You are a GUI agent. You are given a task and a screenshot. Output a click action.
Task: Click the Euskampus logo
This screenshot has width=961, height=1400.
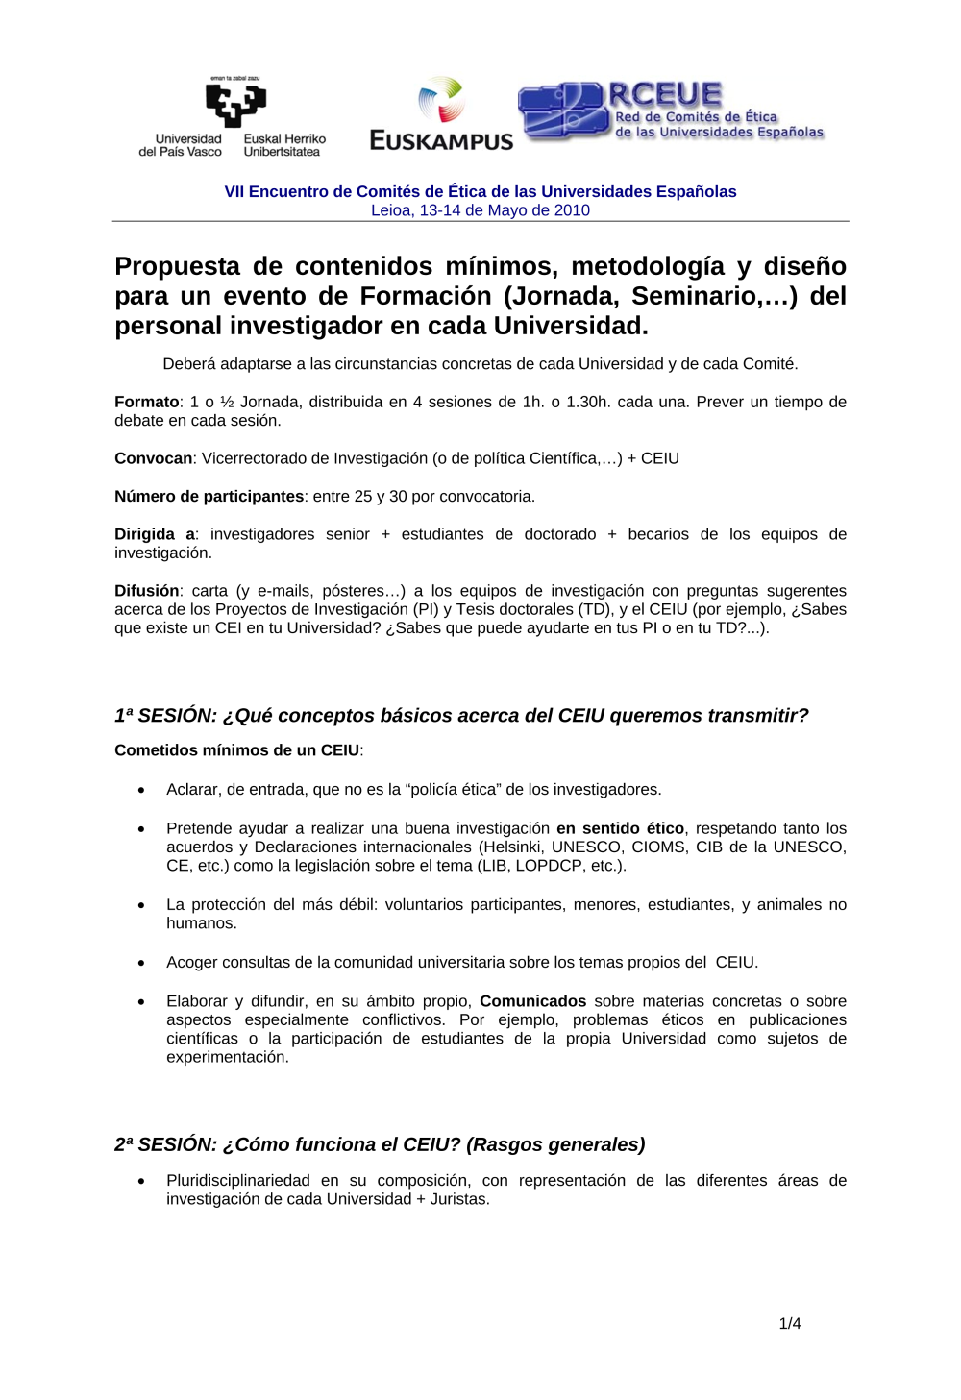(x=442, y=115)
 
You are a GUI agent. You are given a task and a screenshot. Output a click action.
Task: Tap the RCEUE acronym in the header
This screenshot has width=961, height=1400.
(x=665, y=94)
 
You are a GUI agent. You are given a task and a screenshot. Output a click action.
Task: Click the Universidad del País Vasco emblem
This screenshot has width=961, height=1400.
(x=235, y=104)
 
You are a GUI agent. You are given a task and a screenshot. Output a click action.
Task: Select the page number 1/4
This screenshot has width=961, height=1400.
(x=790, y=1323)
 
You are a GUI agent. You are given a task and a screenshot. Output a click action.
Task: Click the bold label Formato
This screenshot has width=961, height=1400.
(x=147, y=402)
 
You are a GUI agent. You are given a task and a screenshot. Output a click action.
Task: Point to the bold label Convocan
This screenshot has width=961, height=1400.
(x=154, y=458)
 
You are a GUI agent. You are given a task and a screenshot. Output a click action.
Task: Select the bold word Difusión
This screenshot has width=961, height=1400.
(x=147, y=591)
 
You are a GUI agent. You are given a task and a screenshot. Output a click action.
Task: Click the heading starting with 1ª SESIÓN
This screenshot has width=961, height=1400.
(x=461, y=715)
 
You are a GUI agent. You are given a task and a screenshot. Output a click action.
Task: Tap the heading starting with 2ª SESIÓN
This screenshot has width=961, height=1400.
(x=380, y=1144)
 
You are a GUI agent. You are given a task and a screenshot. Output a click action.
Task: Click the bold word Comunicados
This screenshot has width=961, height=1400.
(x=533, y=1001)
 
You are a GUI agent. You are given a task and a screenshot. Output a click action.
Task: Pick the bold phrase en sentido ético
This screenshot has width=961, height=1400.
(x=620, y=828)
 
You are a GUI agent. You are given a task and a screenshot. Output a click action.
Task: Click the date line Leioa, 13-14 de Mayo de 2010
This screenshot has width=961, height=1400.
(x=480, y=210)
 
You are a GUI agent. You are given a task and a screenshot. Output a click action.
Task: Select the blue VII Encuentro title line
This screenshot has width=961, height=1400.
(x=480, y=191)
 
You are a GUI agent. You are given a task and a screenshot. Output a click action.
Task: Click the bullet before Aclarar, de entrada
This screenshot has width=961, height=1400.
(x=141, y=790)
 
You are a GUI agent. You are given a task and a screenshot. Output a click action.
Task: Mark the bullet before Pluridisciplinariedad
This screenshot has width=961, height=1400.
(x=141, y=1181)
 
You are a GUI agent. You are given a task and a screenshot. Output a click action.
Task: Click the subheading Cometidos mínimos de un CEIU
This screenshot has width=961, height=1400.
(x=237, y=750)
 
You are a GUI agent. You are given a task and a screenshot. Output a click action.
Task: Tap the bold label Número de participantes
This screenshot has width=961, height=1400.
(x=209, y=496)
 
